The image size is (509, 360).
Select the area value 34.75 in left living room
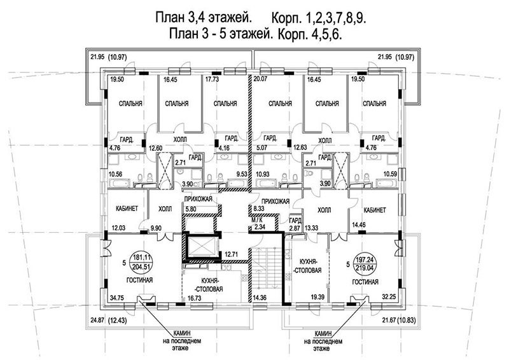(118, 296)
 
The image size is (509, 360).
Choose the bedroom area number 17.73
(212, 80)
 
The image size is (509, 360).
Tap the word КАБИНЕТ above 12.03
(127, 209)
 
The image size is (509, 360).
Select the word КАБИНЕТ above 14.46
(375, 210)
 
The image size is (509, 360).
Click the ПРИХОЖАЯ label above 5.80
(198, 198)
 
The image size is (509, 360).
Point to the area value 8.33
(259, 210)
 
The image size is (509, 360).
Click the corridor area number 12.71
(232, 254)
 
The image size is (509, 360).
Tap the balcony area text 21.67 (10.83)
(397, 321)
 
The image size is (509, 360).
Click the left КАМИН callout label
(182, 333)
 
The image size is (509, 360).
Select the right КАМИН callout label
(323, 333)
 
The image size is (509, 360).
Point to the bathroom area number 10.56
(116, 174)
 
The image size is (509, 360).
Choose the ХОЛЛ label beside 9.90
(165, 209)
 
